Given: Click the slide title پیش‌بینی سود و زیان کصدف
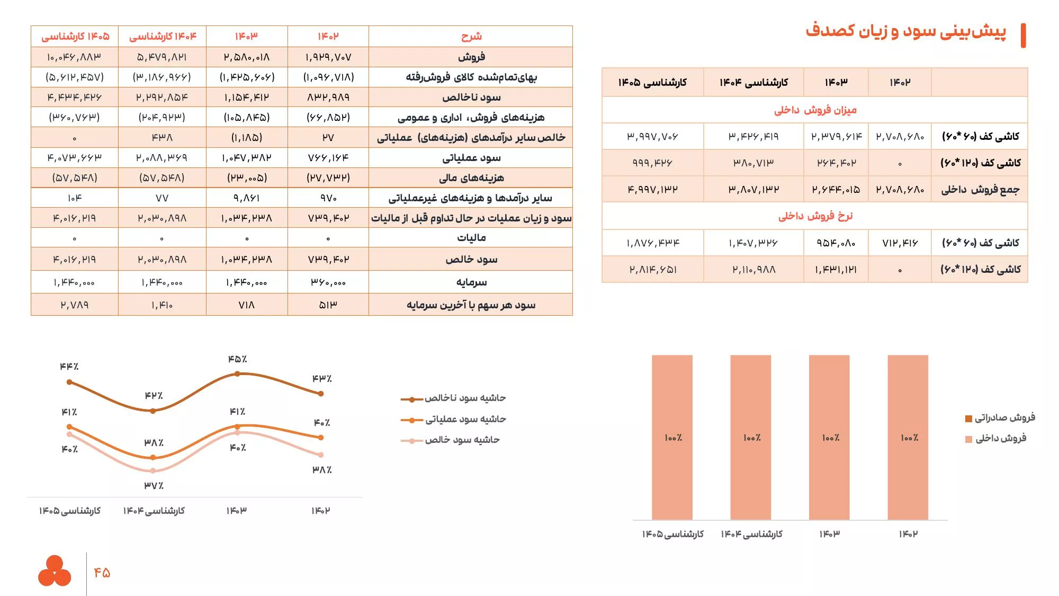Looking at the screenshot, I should (x=905, y=31).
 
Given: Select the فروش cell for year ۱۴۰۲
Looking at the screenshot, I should (x=328, y=57).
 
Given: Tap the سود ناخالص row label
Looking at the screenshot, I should (x=471, y=97).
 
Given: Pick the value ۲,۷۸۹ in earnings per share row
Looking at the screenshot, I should (x=75, y=305).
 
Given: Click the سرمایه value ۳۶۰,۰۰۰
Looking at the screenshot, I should (x=328, y=282).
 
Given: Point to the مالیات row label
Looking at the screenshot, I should (x=471, y=238).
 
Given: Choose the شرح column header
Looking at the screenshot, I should (x=471, y=36).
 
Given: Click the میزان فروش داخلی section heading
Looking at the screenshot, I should (x=815, y=110).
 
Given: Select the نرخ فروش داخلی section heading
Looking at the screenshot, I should (x=815, y=216).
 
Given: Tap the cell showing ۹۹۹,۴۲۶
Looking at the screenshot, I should (x=652, y=163).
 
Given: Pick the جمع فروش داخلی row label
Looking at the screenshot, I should (x=980, y=190).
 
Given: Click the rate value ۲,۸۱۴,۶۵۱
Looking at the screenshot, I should (x=652, y=270).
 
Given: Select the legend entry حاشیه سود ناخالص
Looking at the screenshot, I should (x=464, y=398).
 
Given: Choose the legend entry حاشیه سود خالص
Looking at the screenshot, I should (x=462, y=440).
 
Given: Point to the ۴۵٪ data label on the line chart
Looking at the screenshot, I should (x=237, y=359).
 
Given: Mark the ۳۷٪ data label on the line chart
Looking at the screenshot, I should (x=154, y=485).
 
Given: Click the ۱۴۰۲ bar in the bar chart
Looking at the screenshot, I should (x=908, y=437).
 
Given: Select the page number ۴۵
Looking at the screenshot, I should (x=102, y=572).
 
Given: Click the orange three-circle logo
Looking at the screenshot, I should (x=55, y=571).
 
